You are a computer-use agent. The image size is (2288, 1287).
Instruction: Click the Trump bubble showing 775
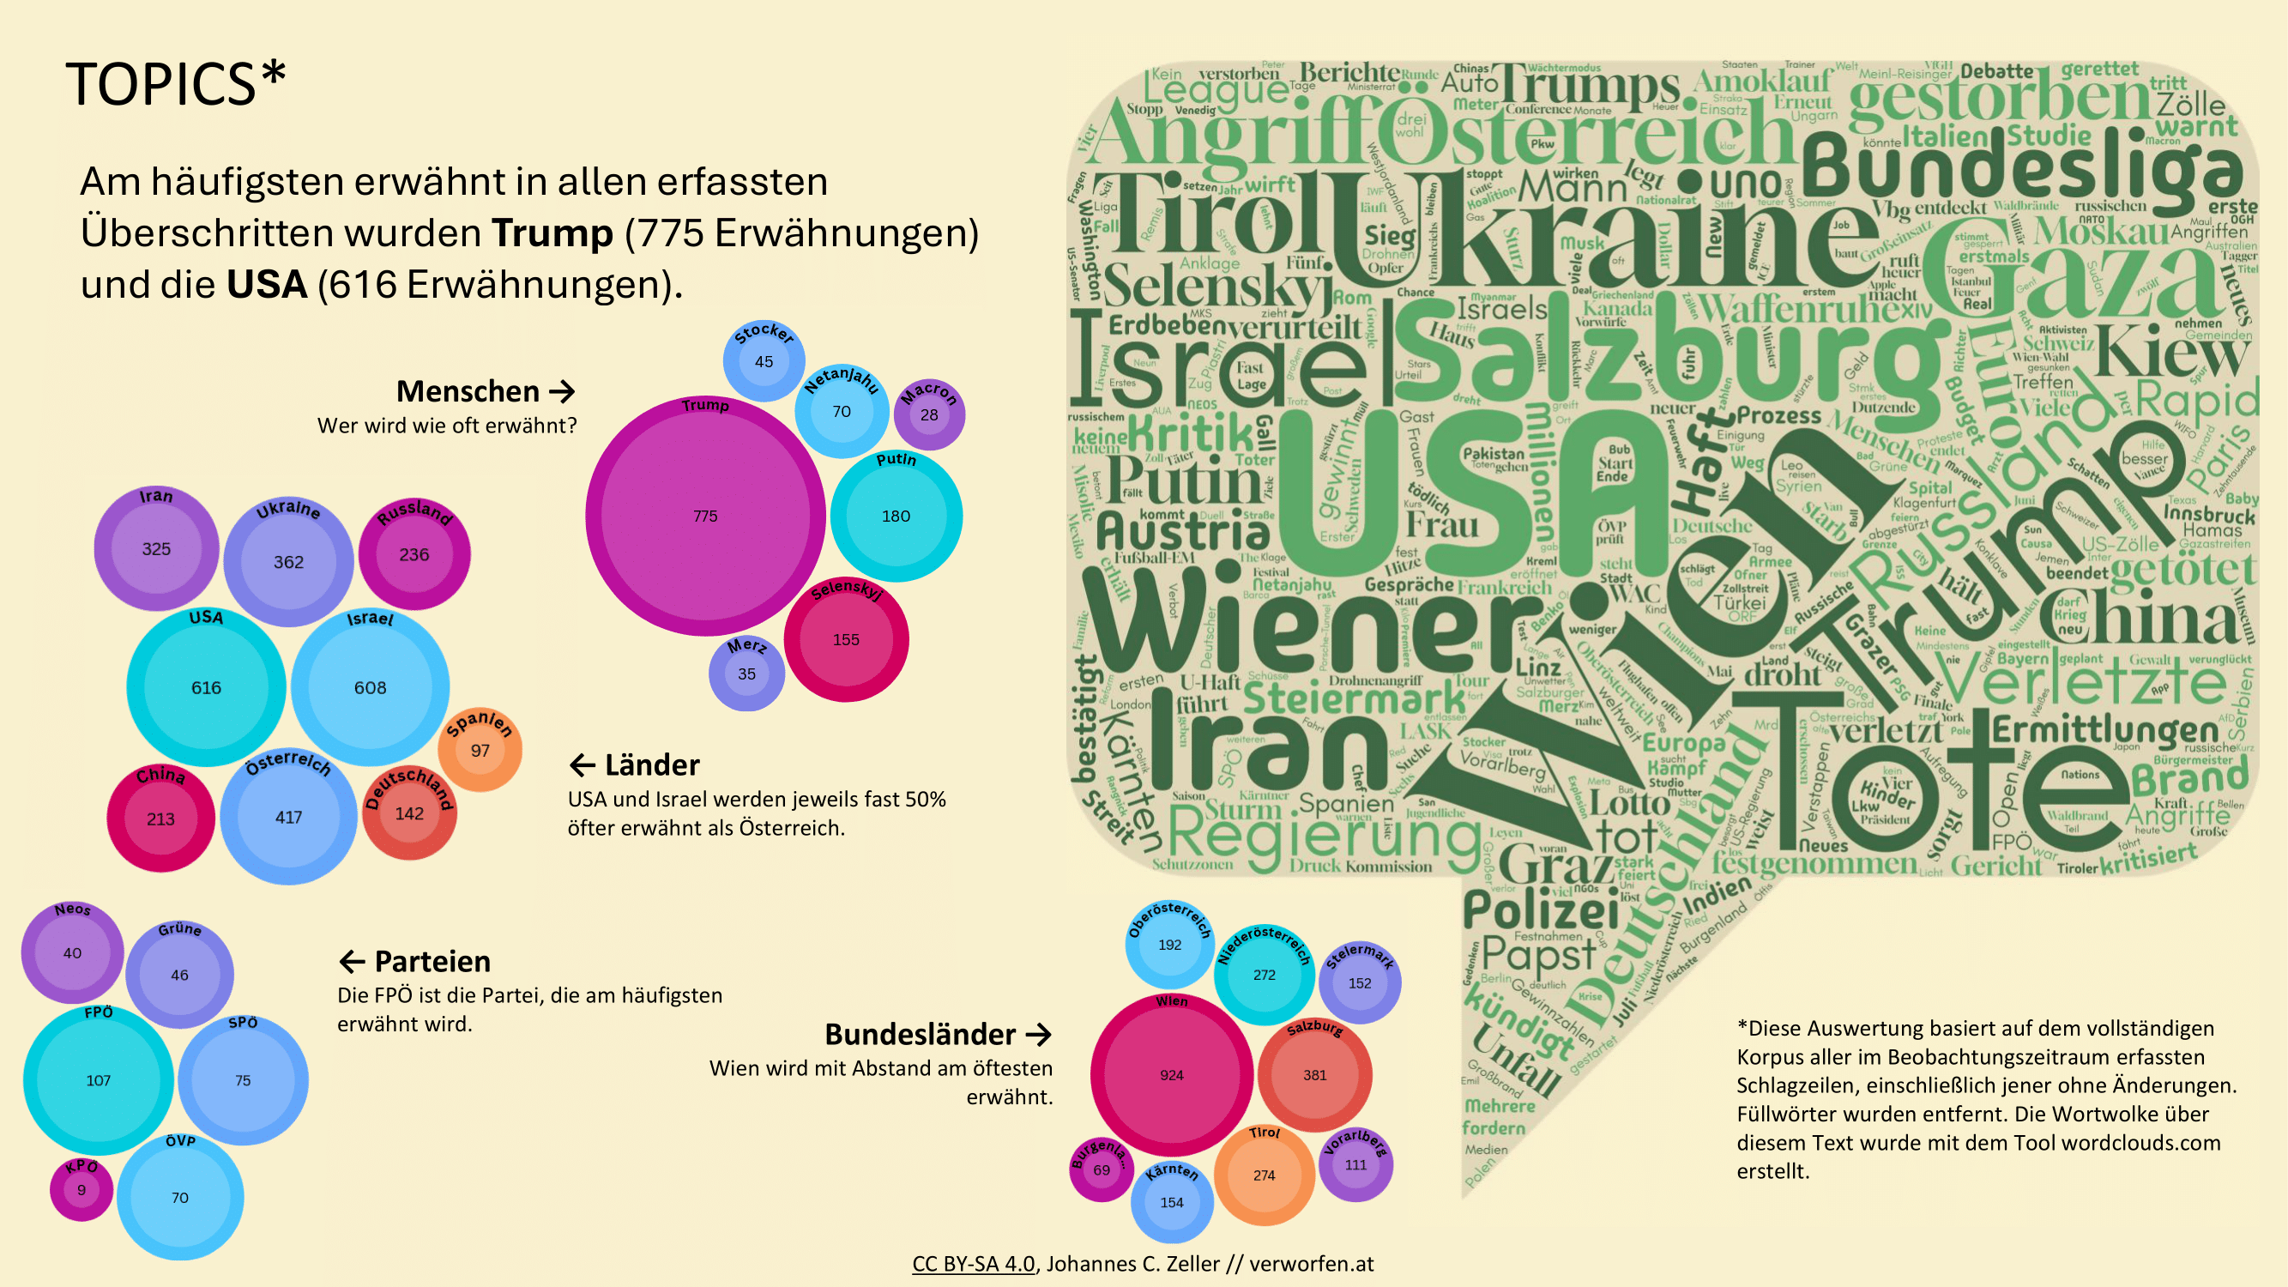point(705,516)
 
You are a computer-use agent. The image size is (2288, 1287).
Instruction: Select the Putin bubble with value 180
point(896,516)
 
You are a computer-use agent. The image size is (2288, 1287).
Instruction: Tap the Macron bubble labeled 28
point(929,414)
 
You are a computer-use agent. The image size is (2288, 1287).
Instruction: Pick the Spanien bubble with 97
point(480,751)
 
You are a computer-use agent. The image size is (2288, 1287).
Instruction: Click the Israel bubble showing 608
point(370,687)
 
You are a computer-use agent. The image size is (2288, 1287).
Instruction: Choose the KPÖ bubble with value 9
point(81,1190)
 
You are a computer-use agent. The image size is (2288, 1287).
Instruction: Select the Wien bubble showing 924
point(1171,1075)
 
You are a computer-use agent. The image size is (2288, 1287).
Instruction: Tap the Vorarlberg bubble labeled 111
point(1355,1164)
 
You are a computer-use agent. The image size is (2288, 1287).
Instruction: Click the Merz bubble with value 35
point(746,674)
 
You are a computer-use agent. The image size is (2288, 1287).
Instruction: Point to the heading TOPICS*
point(176,84)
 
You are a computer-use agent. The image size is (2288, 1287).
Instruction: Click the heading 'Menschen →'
point(485,390)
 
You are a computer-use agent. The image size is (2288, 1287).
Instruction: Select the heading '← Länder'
point(634,764)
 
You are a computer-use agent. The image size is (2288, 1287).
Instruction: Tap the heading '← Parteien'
point(414,961)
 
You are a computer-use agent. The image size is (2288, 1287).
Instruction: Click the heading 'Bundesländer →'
point(938,1034)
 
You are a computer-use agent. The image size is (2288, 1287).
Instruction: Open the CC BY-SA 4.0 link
point(974,1264)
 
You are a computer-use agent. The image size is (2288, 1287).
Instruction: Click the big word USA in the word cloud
point(1475,498)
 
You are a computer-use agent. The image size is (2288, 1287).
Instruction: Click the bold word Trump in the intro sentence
point(552,233)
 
